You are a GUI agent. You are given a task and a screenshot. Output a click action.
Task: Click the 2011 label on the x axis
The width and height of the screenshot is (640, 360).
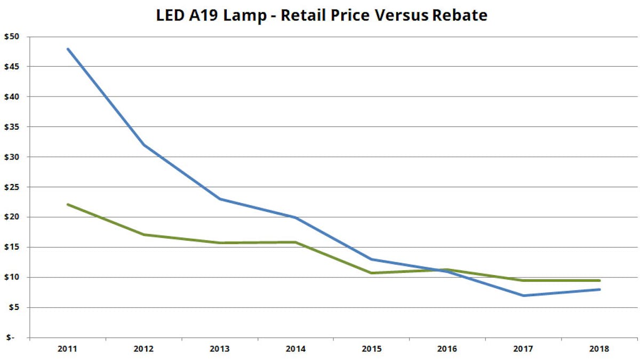click(x=68, y=349)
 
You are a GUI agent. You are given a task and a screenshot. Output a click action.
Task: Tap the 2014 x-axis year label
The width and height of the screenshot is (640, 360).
click(x=296, y=349)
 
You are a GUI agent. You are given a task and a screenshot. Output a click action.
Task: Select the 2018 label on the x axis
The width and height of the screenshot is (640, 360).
click(x=600, y=349)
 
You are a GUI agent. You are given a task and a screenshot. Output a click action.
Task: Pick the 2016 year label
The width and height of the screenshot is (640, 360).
click(x=448, y=349)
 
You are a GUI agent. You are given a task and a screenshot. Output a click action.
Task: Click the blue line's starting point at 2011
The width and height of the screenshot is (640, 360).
click(x=68, y=49)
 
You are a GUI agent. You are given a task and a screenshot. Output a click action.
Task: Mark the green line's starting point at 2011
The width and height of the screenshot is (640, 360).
click(x=68, y=204)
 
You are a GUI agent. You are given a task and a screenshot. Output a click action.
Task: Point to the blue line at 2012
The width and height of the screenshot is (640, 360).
click(x=144, y=145)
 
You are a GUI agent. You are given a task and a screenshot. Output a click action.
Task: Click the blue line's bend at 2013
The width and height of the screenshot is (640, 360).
click(x=220, y=199)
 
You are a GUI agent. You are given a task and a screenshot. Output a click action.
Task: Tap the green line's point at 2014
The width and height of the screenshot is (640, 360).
click(x=296, y=242)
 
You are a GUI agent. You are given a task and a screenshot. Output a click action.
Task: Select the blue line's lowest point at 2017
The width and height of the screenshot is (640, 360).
click(x=524, y=295)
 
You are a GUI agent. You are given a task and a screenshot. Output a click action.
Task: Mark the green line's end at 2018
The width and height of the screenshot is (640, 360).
click(x=600, y=281)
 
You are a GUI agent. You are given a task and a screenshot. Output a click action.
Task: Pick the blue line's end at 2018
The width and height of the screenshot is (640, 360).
click(x=600, y=290)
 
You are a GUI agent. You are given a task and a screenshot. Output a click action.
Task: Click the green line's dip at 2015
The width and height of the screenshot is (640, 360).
click(x=372, y=273)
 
